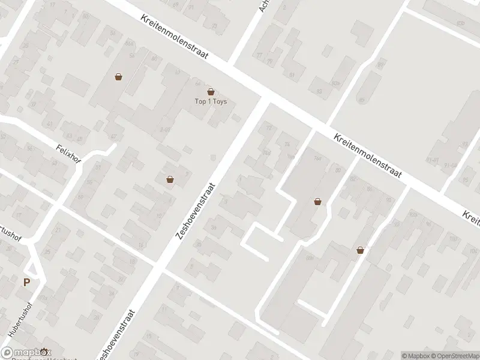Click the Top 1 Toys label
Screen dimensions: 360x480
(x=210, y=101)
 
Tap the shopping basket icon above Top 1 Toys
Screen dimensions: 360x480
(x=211, y=92)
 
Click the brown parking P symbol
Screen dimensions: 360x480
(x=26, y=283)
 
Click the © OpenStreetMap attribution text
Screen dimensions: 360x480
(x=454, y=356)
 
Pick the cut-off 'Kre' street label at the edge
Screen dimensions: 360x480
(x=471, y=218)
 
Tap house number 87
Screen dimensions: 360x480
(x=113, y=137)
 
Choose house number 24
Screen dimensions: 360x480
(x=287, y=144)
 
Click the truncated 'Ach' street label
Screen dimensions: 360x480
(x=262, y=6)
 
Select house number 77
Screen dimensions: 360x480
(x=260, y=56)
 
